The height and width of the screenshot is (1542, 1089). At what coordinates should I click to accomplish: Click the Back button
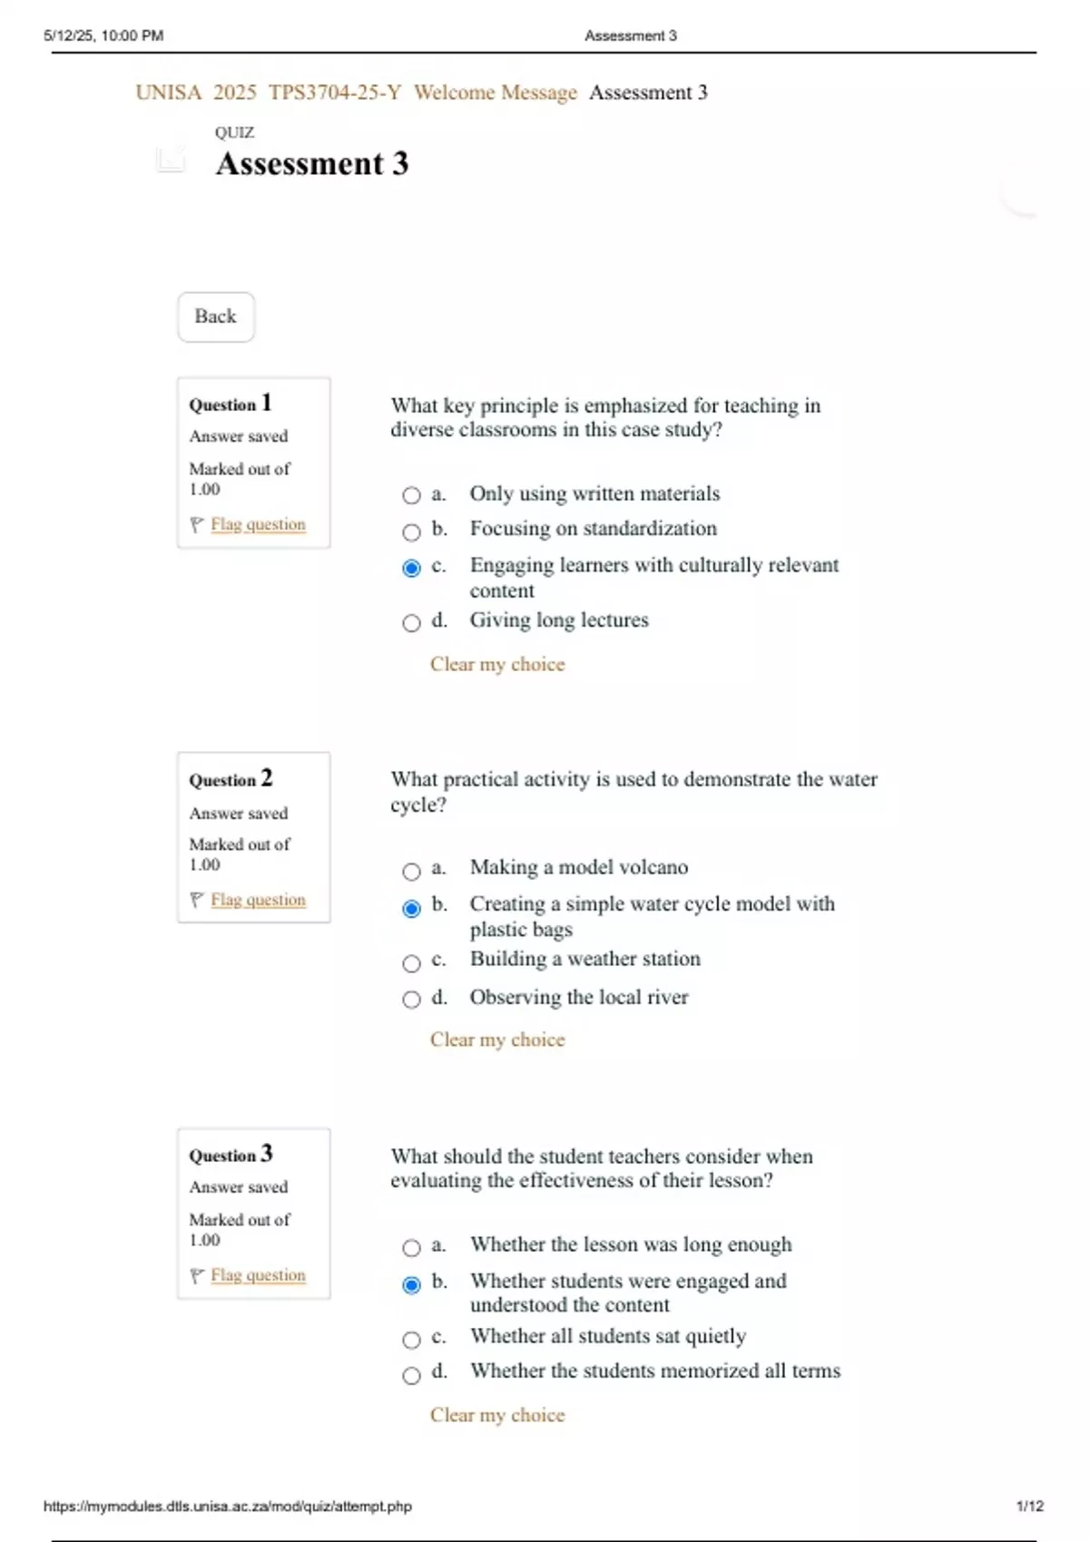coord(215,317)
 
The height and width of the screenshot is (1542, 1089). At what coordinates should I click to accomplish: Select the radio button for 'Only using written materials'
coord(412,495)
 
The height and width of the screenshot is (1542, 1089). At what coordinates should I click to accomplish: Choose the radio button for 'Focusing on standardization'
coord(412,532)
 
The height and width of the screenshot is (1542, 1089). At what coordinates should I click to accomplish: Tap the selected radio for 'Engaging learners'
coord(412,568)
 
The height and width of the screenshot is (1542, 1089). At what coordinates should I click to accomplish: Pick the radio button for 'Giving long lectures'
coord(412,623)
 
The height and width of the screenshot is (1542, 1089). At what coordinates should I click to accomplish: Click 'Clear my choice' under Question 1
coord(497,665)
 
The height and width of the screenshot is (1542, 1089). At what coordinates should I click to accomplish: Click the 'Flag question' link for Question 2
coord(258,900)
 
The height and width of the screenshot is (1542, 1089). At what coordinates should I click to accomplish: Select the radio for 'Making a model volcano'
coord(412,872)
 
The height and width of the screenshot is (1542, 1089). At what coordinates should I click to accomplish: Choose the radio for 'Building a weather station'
coord(412,962)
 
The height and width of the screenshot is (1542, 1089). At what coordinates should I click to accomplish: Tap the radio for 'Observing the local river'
coord(412,1000)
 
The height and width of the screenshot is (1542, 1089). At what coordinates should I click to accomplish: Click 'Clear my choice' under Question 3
coord(497,1415)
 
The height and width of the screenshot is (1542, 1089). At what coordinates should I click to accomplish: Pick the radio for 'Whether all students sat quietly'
coord(412,1340)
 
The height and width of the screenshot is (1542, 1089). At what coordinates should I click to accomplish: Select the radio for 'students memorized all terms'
coord(412,1375)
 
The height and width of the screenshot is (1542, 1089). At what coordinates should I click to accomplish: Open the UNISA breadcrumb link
coord(169,93)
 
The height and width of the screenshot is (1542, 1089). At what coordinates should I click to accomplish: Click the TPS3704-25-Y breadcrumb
coord(335,93)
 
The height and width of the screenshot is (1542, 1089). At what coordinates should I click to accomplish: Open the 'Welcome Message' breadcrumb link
coord(495,93)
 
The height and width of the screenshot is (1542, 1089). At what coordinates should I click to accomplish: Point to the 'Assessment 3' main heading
coord(312,164)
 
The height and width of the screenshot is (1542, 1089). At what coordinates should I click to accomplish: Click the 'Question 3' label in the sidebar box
coord(231,1155)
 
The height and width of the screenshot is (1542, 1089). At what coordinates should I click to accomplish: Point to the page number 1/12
coord(1030,1506)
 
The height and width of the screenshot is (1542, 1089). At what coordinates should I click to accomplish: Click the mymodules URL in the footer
coord(228,1506)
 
